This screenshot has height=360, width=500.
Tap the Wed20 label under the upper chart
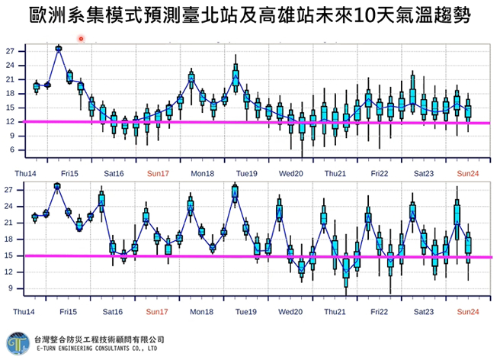[x=290, y=173]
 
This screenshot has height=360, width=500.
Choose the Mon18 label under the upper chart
[x=202, y=173]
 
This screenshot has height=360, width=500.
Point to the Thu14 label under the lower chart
[x=24, y=312]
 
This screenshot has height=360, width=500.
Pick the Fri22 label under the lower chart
[x=379, y=312]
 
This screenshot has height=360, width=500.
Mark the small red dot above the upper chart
[x=81, y=38]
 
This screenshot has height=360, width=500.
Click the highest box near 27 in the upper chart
[x=59, y=49]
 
